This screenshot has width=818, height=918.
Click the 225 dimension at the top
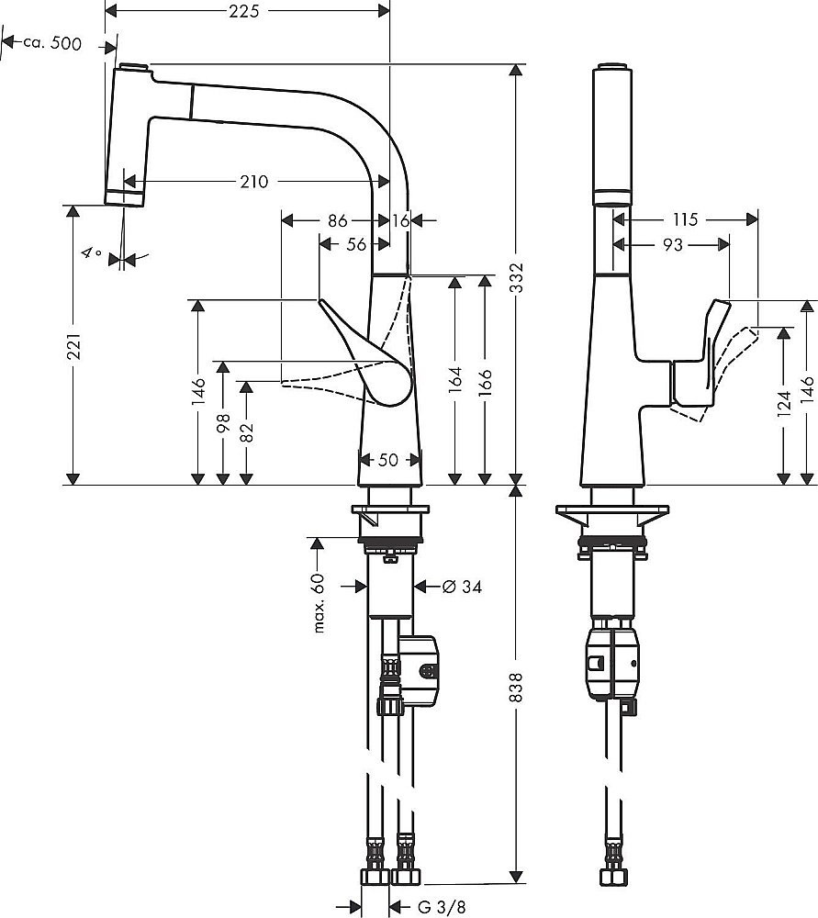coord(243,11)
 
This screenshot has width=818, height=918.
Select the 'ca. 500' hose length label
coord(53,41)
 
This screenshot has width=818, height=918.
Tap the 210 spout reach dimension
coord(253,182)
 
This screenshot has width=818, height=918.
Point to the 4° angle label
coord(90,252)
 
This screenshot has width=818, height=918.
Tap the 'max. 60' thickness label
coord(320,602)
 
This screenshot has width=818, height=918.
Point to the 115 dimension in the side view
coord(685,219)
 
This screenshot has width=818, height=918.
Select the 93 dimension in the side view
coord(672,244)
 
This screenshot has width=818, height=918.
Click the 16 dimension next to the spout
coord(401,220)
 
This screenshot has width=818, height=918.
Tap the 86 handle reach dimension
coord(337,220)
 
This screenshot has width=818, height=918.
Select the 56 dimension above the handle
coord(356,244)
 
